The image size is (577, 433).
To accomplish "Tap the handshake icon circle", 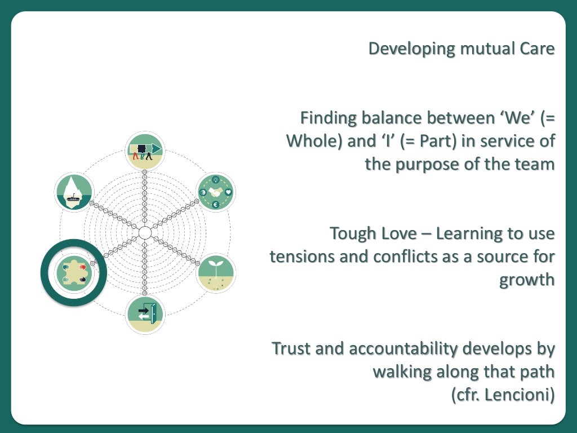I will click(x=216, y=192).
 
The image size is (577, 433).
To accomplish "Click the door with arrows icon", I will click(x=145, y=313).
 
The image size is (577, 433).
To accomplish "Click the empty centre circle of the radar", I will click(x=145, y=232).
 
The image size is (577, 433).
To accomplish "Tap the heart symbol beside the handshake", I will click(x=228, y=192).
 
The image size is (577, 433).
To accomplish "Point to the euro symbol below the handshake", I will click(x=216, y=204).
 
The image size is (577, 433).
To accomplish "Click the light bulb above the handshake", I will click(x=216, y=179).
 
